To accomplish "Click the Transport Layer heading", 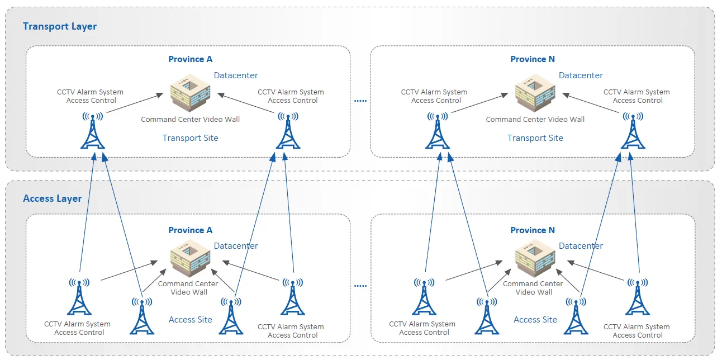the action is (60, 26).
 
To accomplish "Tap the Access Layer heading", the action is (52, 198).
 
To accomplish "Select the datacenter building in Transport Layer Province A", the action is (190, 93).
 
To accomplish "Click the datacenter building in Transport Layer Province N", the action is (535, 93).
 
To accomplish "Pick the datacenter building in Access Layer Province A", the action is (190, 258).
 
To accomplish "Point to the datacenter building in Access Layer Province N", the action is (535, 258).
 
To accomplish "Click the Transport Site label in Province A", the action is (190, 138).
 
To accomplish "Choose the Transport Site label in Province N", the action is (535, 138).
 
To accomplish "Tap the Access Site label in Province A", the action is (190, 320).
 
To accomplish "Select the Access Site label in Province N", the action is (535, 320).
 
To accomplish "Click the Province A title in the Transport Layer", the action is (190, 59).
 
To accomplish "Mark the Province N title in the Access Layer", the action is (533, 230).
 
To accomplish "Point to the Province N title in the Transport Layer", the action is (533, 59).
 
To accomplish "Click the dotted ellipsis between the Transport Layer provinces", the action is (360, 101).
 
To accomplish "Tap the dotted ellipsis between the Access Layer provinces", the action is (360, 286).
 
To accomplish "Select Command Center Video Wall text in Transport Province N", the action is (535, 120).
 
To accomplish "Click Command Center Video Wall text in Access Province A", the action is (188, 288).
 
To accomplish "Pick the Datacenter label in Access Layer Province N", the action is (581, 246).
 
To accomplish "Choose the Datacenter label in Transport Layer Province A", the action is (236, 75).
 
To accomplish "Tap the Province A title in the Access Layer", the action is (190, 230).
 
